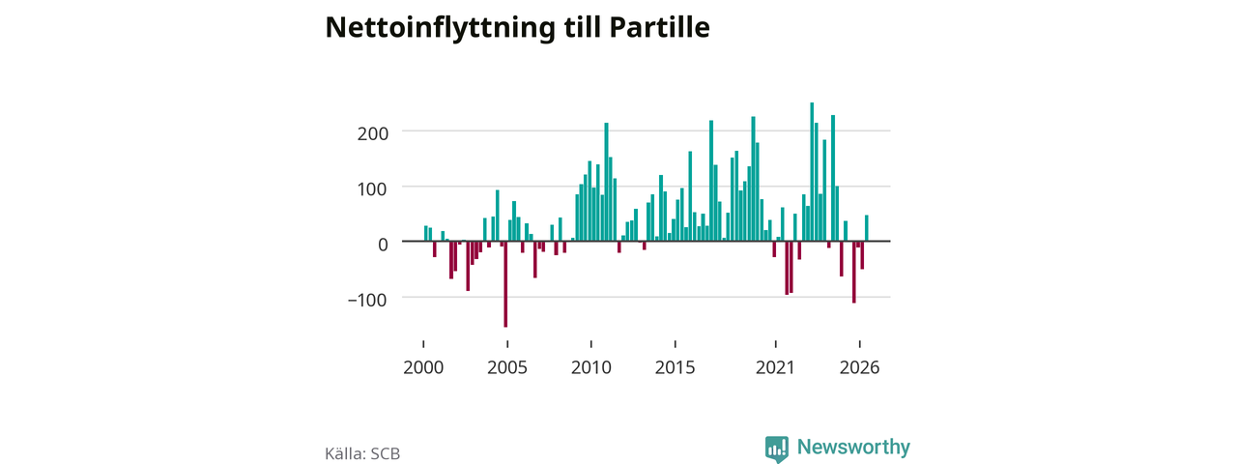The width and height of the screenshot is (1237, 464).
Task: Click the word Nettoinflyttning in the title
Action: (x=440, y=28)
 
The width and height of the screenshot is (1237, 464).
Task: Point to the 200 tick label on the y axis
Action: (x=373, y=133)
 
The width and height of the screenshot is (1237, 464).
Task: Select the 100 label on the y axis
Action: (x=373, y=189)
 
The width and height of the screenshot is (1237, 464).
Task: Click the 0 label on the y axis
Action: (x=383, y=245)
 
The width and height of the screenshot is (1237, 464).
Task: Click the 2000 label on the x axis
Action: (x=423, y=368)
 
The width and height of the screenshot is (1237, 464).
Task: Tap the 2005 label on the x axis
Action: (x=507, y=368)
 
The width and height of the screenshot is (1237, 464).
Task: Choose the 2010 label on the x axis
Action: (x=591, y=368)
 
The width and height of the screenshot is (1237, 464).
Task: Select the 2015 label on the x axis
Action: (x=675, y=368)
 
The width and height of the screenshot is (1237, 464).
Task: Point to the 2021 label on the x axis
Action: (x=775, y=368)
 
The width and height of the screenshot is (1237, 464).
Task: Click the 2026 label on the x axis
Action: (x=859, y=368)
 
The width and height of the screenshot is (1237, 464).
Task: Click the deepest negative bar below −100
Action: (x=505, y=284)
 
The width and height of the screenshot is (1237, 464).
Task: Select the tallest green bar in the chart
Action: (x=812, y=172)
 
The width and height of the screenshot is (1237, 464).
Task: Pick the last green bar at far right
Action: (x=867, y=228)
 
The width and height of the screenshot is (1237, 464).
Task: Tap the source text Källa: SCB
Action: (x=362, y=453)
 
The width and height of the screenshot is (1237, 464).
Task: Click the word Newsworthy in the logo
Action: (x=853, y=447)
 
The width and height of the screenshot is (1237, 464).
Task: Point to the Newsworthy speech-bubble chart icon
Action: (x=776, y=449)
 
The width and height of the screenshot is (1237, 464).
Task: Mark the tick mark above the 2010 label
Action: (x=591, y=344)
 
